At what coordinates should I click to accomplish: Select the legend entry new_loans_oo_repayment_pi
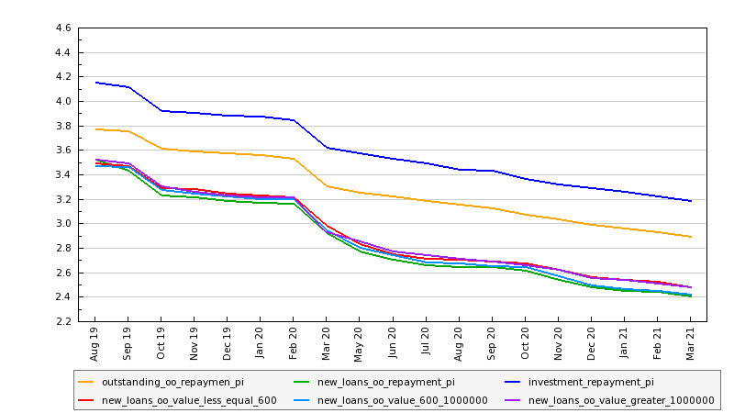(x=385, y=382)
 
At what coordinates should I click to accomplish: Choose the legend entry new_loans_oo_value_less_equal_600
(x=189, y=400)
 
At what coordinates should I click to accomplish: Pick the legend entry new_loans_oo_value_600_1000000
(x=390, y=400)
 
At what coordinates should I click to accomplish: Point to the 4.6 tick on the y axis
(x=63, y=28)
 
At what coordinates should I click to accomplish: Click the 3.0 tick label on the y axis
(x=63, y=224)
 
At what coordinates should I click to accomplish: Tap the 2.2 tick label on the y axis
(x=63, y=321)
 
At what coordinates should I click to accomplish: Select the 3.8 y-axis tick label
(x=63, y=126)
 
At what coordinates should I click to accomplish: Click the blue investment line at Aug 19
(x=95, y=83)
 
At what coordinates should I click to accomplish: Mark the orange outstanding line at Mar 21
(x=690, y=237)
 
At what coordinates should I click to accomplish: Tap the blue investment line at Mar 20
(x=327, y=147)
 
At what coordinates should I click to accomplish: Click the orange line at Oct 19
(x=161, y=149)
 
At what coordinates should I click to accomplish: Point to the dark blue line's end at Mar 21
(x=690, y=200)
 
